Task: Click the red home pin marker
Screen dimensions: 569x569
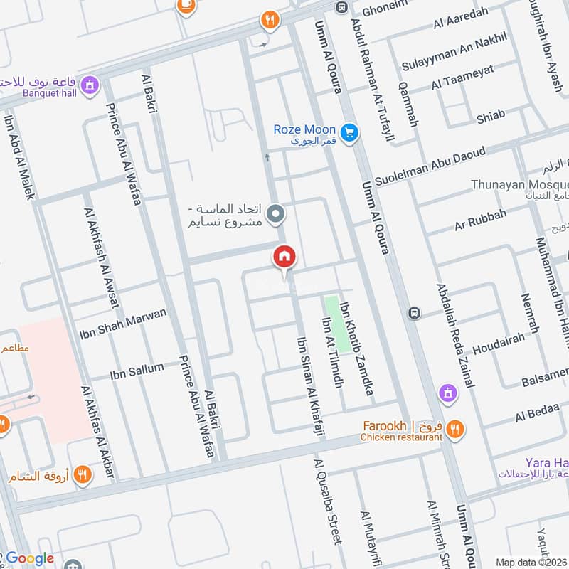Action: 284,257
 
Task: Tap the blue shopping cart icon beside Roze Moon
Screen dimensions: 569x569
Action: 349,132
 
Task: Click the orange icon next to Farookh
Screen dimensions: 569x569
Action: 455,429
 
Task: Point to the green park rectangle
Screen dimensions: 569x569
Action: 338,324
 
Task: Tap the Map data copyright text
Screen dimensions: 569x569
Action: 531,562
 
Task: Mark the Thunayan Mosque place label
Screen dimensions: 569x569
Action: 519,185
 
